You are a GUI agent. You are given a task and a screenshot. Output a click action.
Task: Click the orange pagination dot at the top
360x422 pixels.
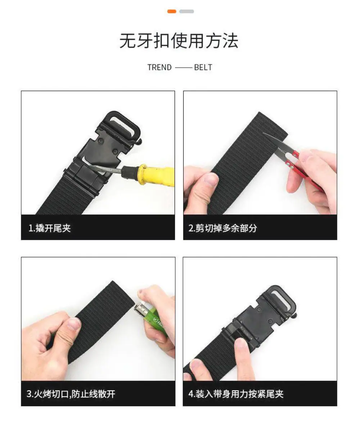click(171, 11)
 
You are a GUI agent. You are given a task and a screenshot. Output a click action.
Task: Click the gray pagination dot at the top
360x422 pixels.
click(186, 11)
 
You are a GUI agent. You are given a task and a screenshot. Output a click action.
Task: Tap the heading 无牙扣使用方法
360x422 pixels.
click(179, 41)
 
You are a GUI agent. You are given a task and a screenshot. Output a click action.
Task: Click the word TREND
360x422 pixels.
click(159, 67)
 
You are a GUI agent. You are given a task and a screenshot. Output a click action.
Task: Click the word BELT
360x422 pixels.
click(203, 67)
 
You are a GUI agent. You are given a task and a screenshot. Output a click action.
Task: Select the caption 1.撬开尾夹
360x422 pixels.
click(50, 228)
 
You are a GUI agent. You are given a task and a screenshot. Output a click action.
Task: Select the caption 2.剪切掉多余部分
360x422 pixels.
click(222, 228)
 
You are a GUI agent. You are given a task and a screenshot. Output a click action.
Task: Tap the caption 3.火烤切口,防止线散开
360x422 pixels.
click(71, 394)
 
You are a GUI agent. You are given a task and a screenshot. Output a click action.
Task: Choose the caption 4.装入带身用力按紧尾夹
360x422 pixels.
click(236, 394)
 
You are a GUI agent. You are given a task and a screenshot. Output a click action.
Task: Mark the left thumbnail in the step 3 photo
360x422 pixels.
click(74, 323)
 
